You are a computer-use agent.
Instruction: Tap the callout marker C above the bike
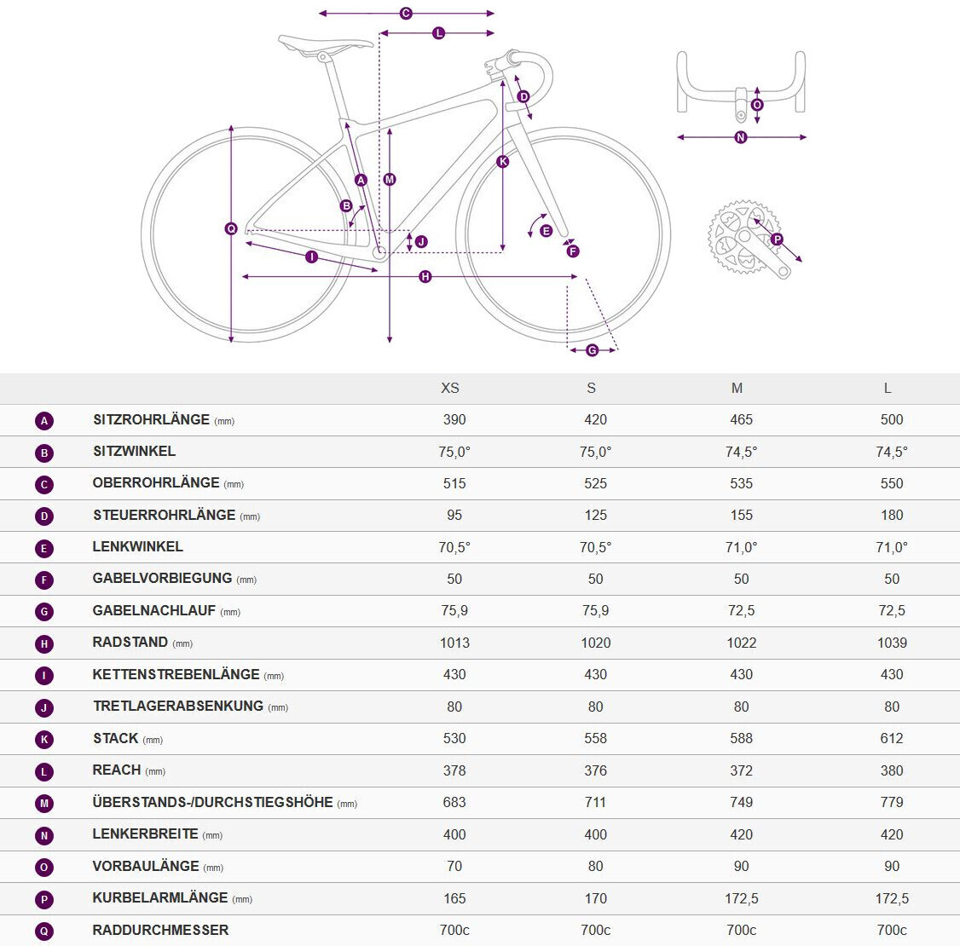coord(406,14)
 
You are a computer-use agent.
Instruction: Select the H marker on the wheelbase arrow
coord(425,277)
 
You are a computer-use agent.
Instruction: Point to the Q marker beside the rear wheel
coord(231,228)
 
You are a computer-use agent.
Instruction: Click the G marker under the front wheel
coord(592,350)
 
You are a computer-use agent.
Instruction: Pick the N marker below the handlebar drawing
coord(740,137)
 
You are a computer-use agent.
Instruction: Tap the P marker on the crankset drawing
coord(777,239)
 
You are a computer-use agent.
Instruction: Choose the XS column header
coord(450,389)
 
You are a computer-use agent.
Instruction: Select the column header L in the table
coord(888,389)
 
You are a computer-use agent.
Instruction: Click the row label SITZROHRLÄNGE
coord(151,420)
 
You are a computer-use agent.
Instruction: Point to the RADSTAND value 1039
coord(892,643)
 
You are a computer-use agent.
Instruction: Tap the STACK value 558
coord(595,739)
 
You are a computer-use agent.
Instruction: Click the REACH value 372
coord(741,770)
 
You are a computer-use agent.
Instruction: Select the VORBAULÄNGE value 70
coord(454,867)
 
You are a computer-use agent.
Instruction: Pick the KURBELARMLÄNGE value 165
coord(454,898)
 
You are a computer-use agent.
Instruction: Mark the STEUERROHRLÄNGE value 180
coord(892,516)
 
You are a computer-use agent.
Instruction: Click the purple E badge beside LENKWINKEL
coord(44,548)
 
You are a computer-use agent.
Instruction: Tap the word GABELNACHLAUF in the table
coord(154,611)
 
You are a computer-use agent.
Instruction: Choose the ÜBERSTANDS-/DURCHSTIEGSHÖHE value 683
coord(454,803)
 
